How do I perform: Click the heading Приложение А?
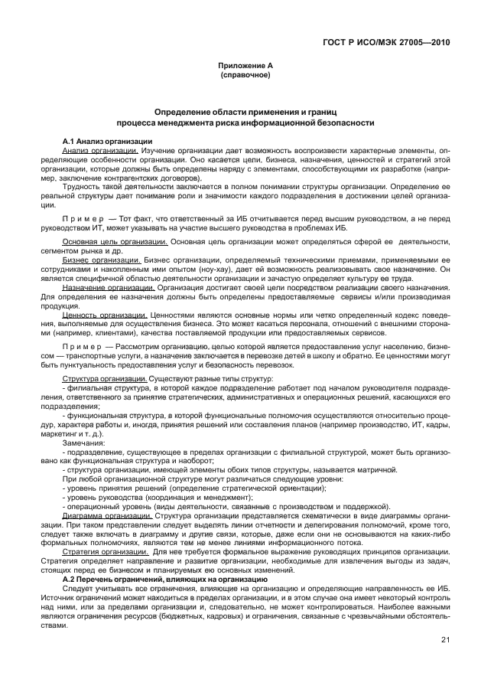coord(245,66)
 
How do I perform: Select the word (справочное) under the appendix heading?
coord(245,76)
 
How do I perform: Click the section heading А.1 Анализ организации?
coord(107,142)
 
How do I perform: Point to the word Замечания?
coord(84,443)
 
